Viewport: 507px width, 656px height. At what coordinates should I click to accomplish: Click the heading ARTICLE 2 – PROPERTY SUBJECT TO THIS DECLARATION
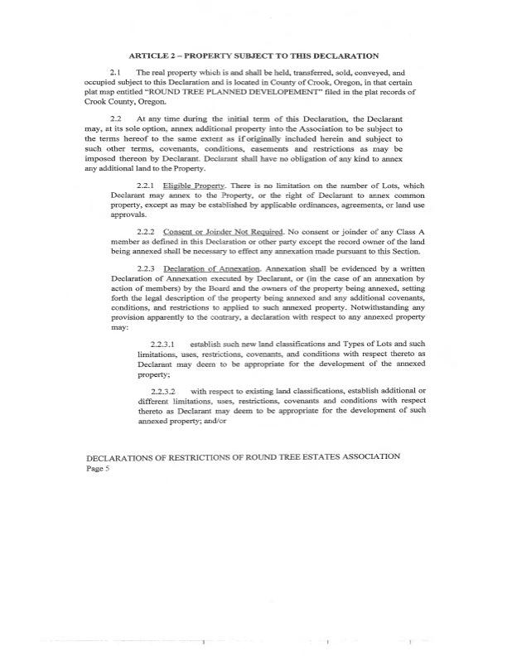point(254,55)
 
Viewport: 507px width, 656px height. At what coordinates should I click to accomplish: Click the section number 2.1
point(116,74)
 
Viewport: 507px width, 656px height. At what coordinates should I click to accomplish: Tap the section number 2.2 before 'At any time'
point(116,121)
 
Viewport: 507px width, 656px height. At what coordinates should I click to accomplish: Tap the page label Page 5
point(98,468)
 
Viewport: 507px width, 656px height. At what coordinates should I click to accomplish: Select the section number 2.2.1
point(146,184)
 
